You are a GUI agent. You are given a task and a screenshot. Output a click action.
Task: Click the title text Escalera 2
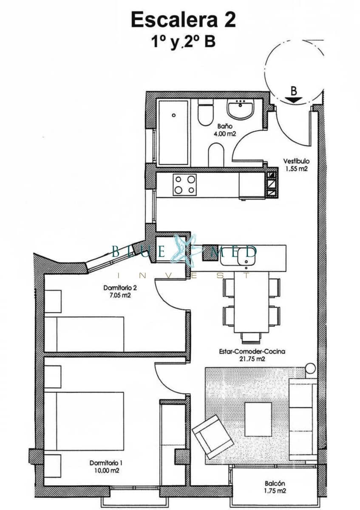pyautogui.click(x=183, y=20)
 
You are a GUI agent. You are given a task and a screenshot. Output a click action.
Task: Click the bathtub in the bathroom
pyautogui.click(x=173, y=132)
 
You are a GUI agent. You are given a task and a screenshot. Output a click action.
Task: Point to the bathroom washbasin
pyautogui.click(x=240, y=110)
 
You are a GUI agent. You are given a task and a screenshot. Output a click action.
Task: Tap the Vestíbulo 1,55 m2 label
pyautogui.click(x=296, y=165)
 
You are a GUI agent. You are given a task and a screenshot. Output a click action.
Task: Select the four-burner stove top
pyautogui.click(x=184, y=185)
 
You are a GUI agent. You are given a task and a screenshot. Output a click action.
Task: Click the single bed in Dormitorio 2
pyautogui.click(x=85, y=334)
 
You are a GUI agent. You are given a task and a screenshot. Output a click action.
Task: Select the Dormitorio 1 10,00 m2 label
pyautogui.click(x=104, y=467)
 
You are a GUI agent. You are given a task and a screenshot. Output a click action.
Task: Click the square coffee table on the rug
pyautogui.click(x=258, y=419)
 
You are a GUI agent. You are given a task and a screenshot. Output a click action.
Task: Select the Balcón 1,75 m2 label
pyautogui.click(x=274, y=487)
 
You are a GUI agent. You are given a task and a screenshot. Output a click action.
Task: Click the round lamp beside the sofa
pyautogui.click(x=311, y=367)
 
